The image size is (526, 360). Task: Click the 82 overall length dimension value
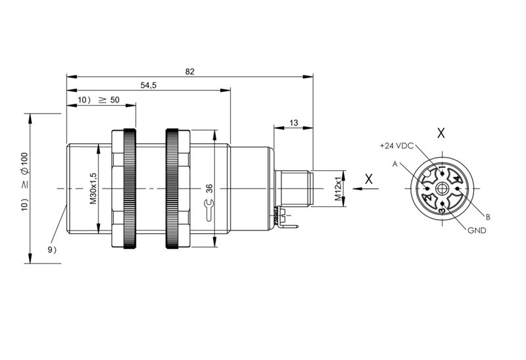point(189,72)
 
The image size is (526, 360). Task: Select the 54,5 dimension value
point(149,85)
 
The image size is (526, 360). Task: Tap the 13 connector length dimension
point(293,123)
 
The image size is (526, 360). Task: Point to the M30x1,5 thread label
point(93,189)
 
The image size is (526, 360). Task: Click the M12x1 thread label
point(339,189)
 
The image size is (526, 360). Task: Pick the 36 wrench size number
point(209,189)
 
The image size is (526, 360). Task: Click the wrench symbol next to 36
point(209,210)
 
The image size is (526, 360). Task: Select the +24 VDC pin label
point(396,146)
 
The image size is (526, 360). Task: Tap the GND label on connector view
point(477,231)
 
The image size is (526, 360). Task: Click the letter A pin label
point(395,164)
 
